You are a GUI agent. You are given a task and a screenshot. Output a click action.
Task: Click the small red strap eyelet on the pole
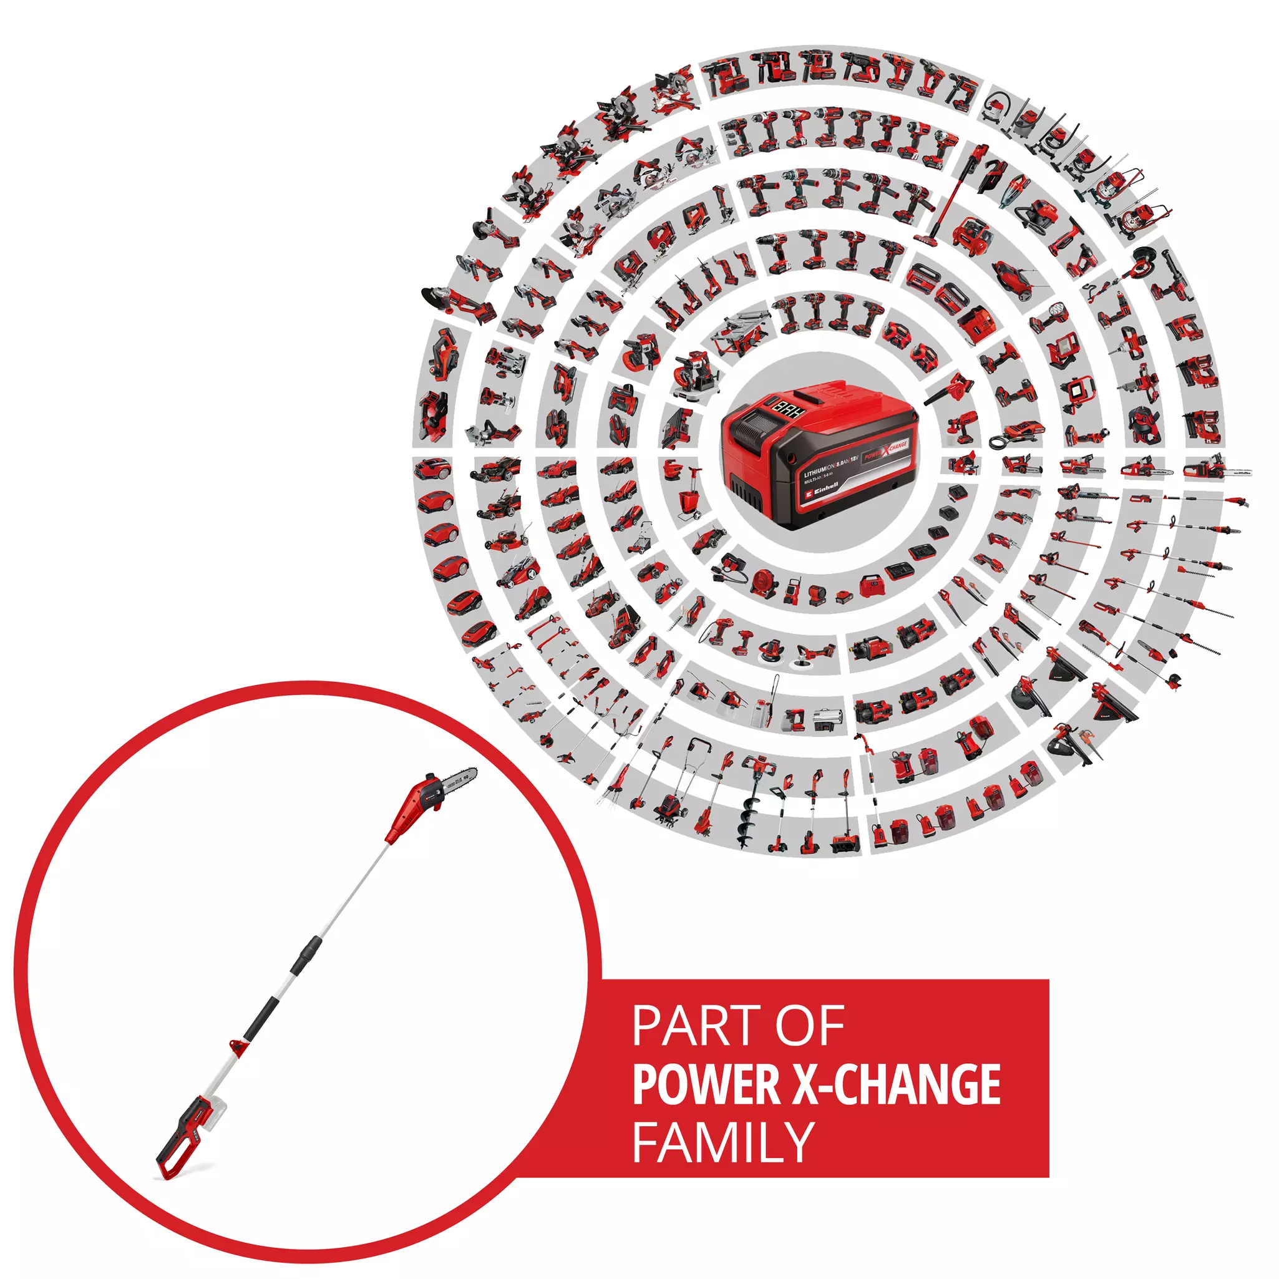coord(236,1047)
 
